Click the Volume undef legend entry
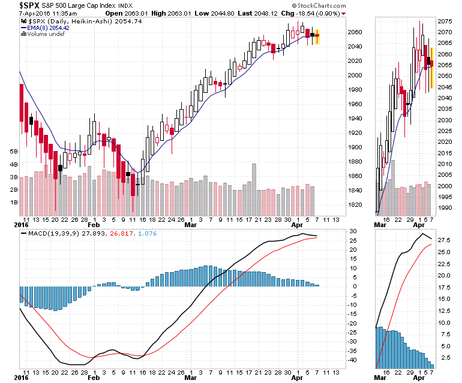pyautogui.click(x=46, y=34)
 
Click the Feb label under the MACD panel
pyautogui.click(x=93, y=378)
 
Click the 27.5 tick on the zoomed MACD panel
pyautogui.click(x=444, y=239)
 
